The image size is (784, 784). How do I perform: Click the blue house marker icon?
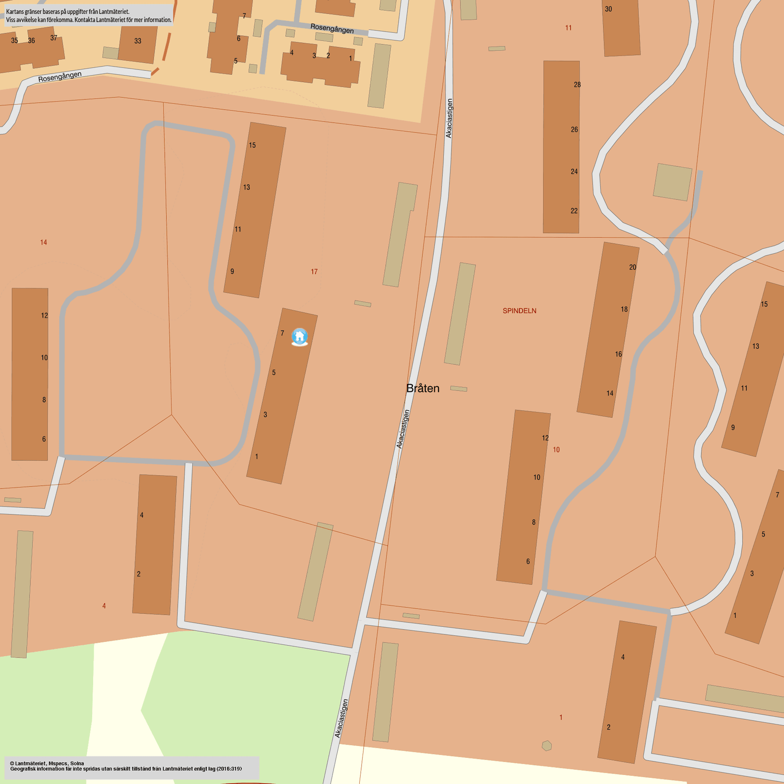click(x=299, y=336)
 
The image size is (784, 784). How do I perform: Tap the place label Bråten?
click(x=422, y=388)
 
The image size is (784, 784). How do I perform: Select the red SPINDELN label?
click(x=519, y=311)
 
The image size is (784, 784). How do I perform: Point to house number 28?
click(x=577, y=85)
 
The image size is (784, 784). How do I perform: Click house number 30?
click(x=608, y=9)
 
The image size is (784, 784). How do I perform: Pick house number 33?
click(x=138, y=41)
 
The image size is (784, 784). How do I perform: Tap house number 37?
click(x=54, y=38)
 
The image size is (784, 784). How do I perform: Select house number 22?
click(x=574, y=211)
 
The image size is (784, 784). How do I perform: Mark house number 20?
click(x=632, y=268)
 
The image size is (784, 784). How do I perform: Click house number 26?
click(x=574, y=130)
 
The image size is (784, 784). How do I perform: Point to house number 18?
click(x=624, y=309)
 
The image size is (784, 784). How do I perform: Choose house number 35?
click(x=15, y=41)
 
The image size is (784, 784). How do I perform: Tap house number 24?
click(x=574, y=172)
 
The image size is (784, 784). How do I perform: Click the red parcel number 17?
click(x=314, y=272)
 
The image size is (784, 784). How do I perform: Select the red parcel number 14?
click(x=44, y=242)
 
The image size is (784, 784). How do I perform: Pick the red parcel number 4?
click(x=104, y=606)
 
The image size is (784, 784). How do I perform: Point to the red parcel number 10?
click(x=556, y=449)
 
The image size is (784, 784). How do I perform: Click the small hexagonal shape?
click(x=547, y=746)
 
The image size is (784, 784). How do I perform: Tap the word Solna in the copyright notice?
click(x=77, y=764)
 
